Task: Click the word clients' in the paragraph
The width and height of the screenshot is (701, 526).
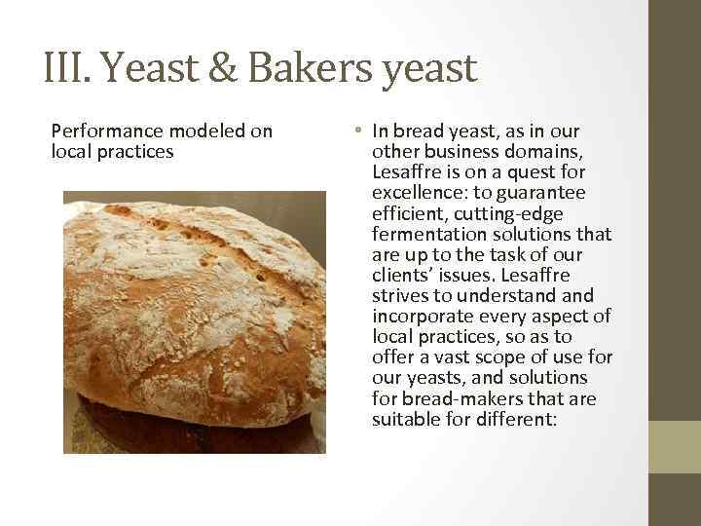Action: [400, 276]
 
